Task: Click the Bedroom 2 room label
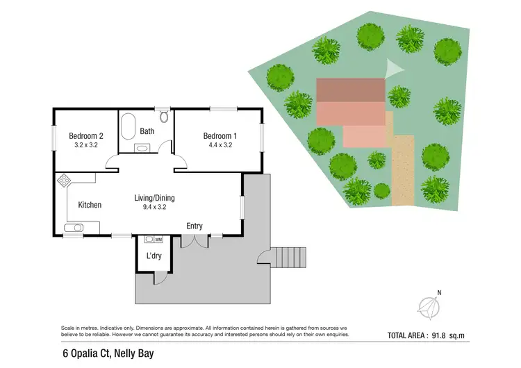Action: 86,136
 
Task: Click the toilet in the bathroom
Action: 164,116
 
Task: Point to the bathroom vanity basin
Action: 142,148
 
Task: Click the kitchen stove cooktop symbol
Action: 64,181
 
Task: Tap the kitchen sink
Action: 74,228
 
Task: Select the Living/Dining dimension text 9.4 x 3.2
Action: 154,207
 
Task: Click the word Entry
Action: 195,226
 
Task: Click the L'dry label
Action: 154,256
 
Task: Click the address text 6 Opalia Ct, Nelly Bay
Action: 106,353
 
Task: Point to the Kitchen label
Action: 90,205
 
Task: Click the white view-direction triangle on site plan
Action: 393,69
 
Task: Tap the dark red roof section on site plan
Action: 351,90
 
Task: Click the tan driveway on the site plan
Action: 402,167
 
